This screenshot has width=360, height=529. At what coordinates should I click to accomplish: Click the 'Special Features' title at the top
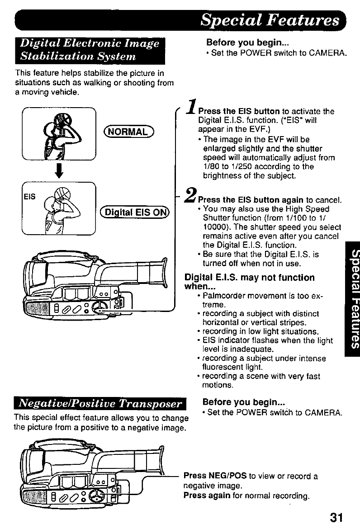click(x=270, y=20)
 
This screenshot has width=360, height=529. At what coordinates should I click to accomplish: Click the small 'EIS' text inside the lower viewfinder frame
click(x=30, y=197)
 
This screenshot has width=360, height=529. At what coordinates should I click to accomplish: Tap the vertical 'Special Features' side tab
click(x=351, y=298)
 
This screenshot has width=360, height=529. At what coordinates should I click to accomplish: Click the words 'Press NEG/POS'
click(x=215, y=476)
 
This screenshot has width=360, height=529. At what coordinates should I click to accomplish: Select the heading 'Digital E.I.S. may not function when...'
click(x=249, y=282)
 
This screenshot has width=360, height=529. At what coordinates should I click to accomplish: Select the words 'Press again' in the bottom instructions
click(x=203, y=495)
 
